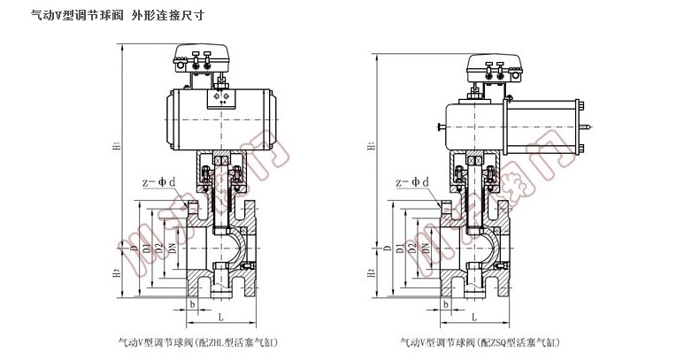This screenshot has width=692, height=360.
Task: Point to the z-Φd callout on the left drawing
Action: pyautogui.click(x=159, y=182)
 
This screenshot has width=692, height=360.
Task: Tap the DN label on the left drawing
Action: pyautogui.click(x=173, y=250)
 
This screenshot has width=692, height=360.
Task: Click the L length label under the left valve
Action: pyautogui.click(x=217, y=317)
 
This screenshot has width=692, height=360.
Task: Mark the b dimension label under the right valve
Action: pyautogui.click(x=447, y=303)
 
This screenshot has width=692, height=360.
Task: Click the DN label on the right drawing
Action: pyautogui.click(x=427, y=250)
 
